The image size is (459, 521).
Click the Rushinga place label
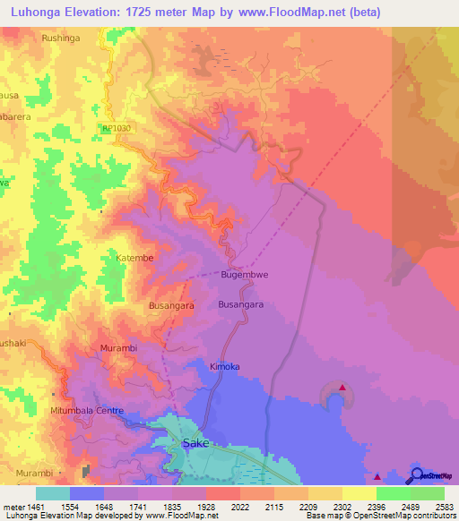tap(62, 38)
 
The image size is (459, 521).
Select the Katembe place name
tap(135, 258)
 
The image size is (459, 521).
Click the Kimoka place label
tap(225, 367)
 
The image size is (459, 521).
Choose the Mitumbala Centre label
tap(86, 411)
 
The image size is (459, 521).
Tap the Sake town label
tap(195, 443)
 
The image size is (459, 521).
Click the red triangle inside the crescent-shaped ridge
tap(342, 389)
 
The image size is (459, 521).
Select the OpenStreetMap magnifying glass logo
tap(416, 475)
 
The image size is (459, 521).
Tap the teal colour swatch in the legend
tap(53, 493)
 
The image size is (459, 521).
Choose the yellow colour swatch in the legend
tap(359, 493)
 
